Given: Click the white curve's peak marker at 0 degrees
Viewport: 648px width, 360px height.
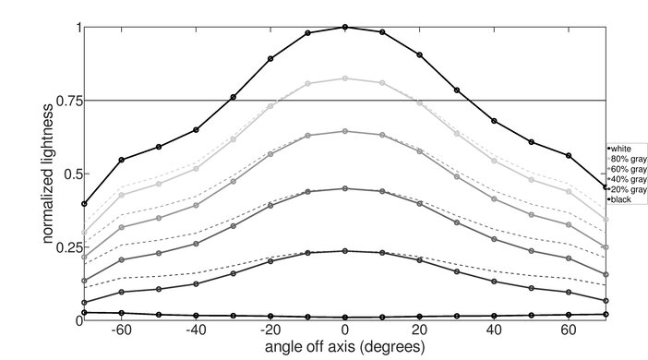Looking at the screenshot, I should click(x=345, y=27).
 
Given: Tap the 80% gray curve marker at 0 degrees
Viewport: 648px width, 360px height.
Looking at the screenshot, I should click(x=345, y=78).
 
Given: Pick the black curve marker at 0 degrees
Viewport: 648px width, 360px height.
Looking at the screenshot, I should click(x=345, y=318).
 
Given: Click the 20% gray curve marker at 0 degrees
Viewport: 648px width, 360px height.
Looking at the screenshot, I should click(x=345, y=250).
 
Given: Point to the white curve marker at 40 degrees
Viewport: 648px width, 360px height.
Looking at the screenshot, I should click(x=494, y=121).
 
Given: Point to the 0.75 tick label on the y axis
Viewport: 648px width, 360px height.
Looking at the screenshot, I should click(x=64, y=101).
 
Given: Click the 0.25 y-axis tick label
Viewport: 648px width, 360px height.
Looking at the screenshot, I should click(x=64, y=247).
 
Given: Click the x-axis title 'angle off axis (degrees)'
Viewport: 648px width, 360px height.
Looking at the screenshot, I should click(x=345, y=348).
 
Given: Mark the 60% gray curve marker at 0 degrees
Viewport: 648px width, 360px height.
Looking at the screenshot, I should click(x=345, y=131).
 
